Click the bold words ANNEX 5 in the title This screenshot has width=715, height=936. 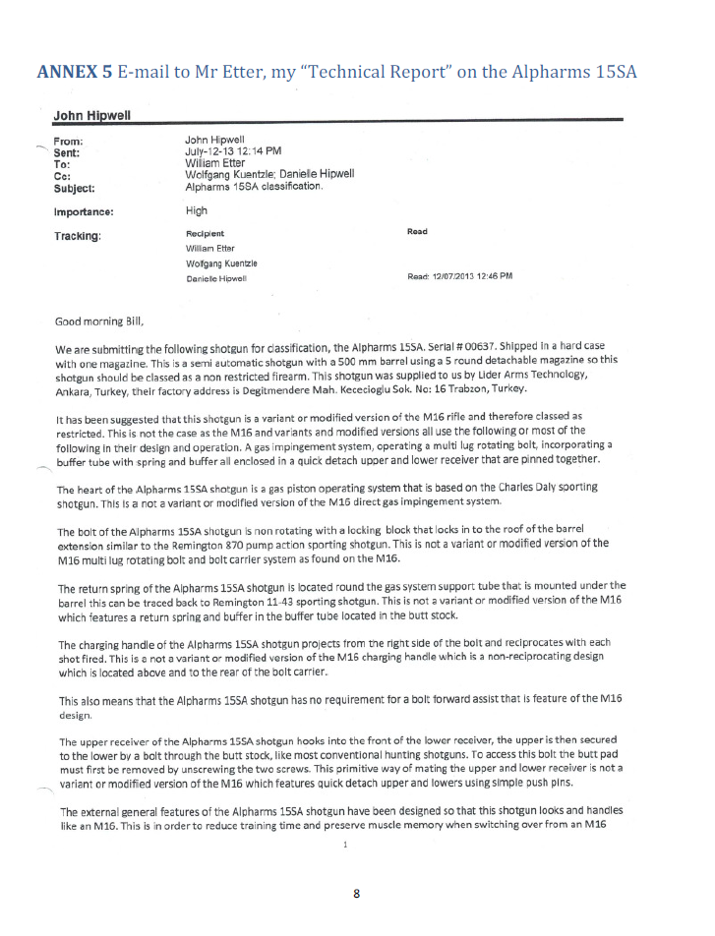[75, 72]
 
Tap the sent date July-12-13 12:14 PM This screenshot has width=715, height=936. [233, 152]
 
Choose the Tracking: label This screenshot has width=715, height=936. [79, 236]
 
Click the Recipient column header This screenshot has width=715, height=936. [205, 233]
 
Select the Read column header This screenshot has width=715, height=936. [417, 232]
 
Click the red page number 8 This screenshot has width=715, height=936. [357, 894]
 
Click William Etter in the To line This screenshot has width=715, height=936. [213, 163]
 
